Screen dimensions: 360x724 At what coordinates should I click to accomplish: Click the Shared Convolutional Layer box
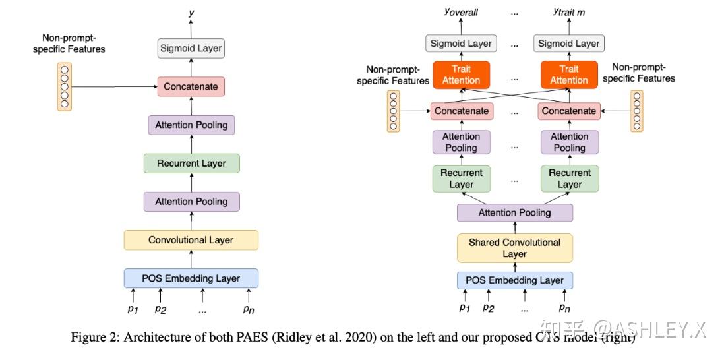coord(514,248)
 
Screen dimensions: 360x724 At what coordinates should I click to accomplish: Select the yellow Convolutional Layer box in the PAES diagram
coord(191,240)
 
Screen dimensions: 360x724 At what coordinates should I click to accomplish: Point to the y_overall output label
coord(461,13)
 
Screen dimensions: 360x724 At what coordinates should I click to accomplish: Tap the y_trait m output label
coord(569,13)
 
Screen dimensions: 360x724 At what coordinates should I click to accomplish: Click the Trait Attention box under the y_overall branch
coord(461,75)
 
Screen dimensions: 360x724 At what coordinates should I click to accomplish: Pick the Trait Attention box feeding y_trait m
coord(568,75)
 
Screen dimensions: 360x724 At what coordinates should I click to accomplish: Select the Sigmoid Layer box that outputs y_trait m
coord(568,44)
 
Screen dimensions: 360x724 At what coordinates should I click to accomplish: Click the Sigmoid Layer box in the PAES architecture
coord(191,48)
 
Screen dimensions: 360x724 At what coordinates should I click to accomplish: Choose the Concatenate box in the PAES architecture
coord(191,86)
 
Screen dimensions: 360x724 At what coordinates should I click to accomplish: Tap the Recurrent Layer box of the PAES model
coord(191,164)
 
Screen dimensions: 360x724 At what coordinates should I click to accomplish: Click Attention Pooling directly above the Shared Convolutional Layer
coord(514,212)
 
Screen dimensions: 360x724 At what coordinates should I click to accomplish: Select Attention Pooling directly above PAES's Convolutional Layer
coord(191,202)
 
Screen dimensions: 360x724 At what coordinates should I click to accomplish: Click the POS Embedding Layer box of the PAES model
coord(191,278)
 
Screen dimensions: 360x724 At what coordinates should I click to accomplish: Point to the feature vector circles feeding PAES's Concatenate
coord(65,86)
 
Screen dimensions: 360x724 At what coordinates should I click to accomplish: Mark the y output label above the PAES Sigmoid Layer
coord(191,13)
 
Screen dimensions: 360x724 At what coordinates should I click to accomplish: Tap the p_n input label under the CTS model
coord(564,308)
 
